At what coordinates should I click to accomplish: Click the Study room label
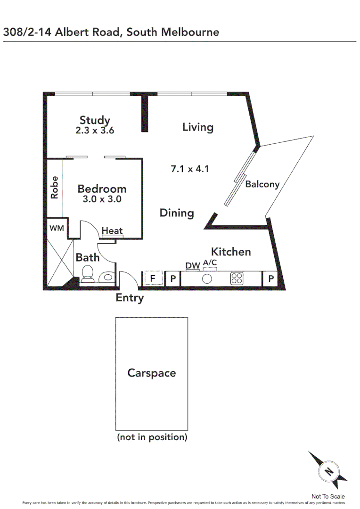[94, 120]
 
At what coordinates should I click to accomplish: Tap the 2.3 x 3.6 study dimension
[95, 131]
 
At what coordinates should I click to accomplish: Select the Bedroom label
[102, 189]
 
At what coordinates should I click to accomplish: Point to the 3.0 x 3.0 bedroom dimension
[102, 199]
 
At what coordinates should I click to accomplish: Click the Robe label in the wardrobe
[55, 187]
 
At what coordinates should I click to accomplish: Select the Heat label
[112, 230]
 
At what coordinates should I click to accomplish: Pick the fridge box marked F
[153, 279]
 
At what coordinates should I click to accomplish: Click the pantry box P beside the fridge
[173, 279]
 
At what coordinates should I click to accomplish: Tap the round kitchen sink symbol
[207, 279]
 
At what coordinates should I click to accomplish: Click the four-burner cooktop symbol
[237, 279]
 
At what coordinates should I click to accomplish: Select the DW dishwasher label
[192, 266]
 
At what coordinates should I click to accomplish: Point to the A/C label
[210, 263]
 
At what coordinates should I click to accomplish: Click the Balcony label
[262, 184]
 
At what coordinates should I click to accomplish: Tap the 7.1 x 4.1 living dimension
[189, 168]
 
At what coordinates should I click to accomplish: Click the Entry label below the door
[130, 298]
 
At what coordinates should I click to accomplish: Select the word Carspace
[151, 373]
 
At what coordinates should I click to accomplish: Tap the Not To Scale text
[328, 496]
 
